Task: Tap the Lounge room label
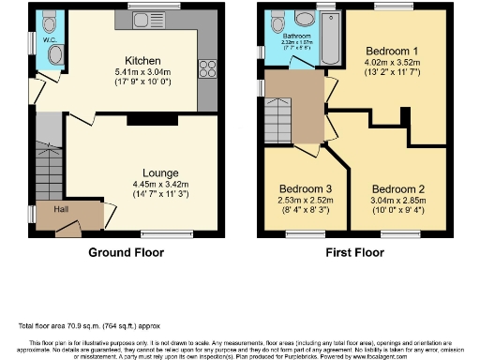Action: (160, 172)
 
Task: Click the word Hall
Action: (60, 209)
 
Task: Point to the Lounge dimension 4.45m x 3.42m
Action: (160, 185)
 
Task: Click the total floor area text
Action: (82, 325)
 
